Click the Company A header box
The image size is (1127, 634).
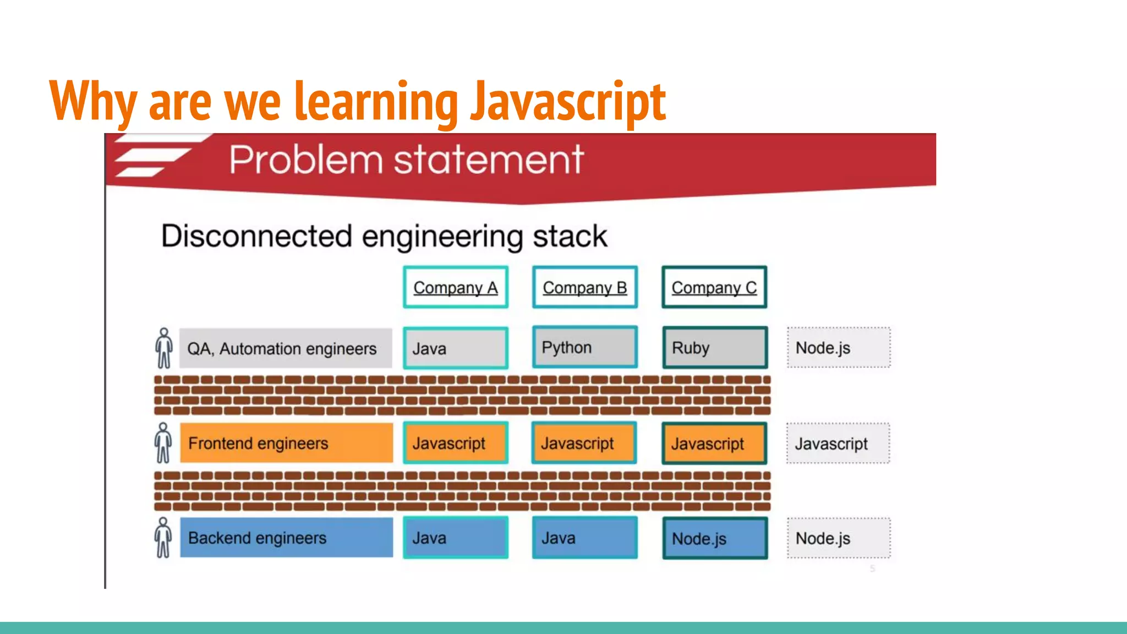455,287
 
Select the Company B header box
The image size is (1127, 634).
584,287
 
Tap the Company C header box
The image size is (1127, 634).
714,287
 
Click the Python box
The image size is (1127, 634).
584,347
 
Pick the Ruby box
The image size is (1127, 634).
714,348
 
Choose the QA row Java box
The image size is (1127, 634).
455,348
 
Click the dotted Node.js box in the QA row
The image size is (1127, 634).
838,348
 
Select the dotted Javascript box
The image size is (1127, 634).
838,444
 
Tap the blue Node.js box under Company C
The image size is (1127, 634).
714,538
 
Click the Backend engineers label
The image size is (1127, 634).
286,538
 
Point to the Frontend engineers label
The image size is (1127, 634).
286,443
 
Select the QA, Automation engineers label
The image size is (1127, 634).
285,348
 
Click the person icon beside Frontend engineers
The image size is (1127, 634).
163,443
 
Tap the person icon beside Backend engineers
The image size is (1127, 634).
163,538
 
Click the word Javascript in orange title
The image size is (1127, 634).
567,102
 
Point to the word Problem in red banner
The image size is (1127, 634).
305,160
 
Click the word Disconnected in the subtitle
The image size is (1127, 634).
256,236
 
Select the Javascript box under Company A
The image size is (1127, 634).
455,443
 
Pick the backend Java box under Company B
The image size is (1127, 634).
584,538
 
